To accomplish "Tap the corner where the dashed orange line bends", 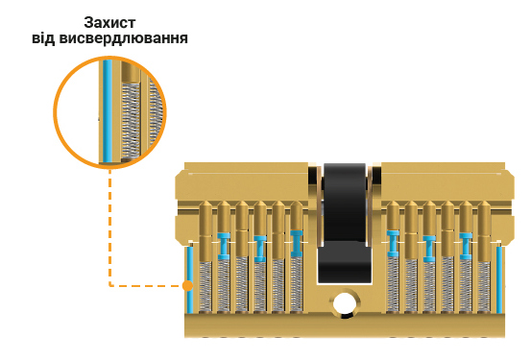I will tap(110, 285).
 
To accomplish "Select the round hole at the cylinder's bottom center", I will tap(344, 307).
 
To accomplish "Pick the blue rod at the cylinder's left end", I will tap(191, 278).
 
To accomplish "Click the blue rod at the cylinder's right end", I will tap(499, 278).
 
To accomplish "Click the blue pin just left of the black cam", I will tap(296, 244).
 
